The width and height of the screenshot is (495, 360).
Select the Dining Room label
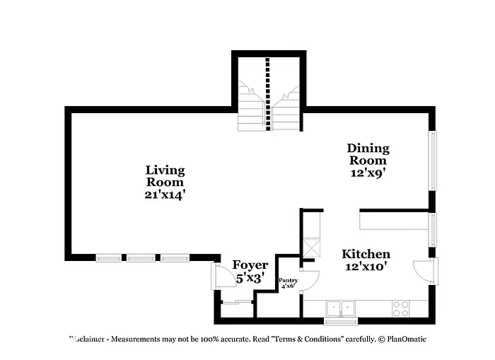368,154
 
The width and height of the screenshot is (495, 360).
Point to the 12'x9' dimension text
368,172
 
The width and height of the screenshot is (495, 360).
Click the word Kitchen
366,254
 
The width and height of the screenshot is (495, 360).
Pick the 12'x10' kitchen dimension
366,267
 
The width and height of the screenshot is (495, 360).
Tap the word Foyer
250,265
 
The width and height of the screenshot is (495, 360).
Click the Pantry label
288,281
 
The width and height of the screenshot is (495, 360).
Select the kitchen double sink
342,308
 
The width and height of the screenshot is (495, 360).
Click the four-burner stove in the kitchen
401,308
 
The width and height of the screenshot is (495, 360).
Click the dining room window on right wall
433,161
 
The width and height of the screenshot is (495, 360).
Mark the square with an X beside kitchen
312,248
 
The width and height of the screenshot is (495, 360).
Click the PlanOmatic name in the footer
406,339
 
